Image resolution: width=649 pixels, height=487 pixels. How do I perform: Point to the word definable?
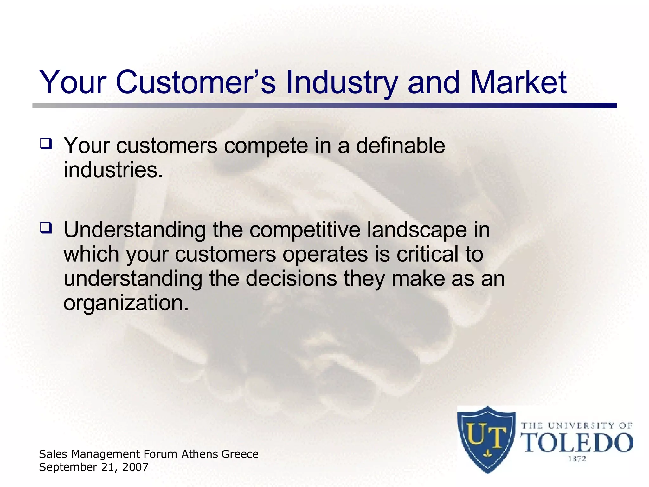tap(401, 146)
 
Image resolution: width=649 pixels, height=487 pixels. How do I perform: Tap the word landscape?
tap(417, 230)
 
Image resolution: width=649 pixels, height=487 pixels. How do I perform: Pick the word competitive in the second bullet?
tap(305, 230)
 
